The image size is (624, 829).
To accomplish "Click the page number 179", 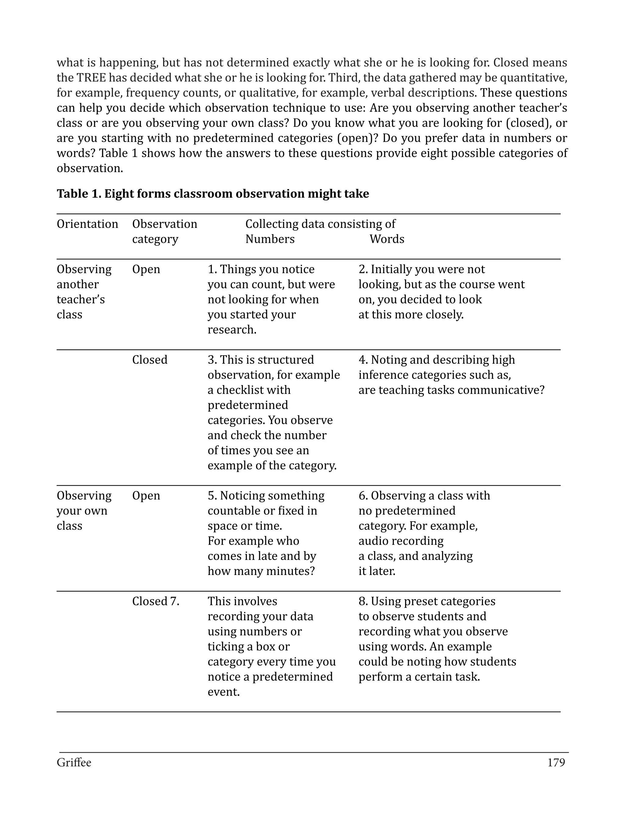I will (x=556, y=763).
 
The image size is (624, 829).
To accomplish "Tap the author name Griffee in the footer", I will (x=74, y=763).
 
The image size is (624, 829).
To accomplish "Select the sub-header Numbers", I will (x=270, y=239).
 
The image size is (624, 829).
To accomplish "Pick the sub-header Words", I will (x=387, y=239).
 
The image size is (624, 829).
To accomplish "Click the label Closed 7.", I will (x=155, y=601).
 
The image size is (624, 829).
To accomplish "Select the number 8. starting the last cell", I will (x=363, y=601).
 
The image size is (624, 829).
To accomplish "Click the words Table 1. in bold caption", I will (x=79, y=194).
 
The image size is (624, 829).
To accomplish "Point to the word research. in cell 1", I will (x=232, y=330).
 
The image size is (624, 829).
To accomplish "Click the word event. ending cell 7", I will (x=223, y=692).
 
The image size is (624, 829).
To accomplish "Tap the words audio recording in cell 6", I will (x=401, y=541).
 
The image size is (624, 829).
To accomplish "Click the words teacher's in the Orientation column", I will (x=80, y=299).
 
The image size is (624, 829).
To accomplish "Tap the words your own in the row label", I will (x=82, y=511).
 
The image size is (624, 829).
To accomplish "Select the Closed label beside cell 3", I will (x=150, y=360).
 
